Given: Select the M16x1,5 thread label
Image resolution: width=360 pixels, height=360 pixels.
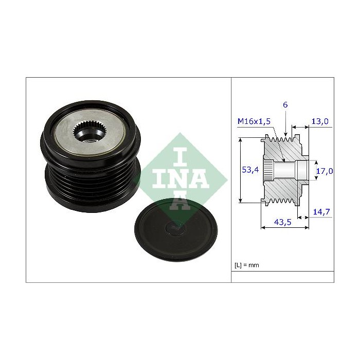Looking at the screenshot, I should pyautogui.click(x=254, y=121).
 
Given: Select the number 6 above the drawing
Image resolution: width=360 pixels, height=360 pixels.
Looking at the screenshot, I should pyautogui.click(x=285, y=105).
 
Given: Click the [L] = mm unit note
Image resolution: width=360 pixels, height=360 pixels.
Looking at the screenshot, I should pyautogui.click(x=248, y=265).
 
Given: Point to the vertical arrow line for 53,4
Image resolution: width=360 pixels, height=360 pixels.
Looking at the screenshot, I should pyautogui.click(x=241, y=170).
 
